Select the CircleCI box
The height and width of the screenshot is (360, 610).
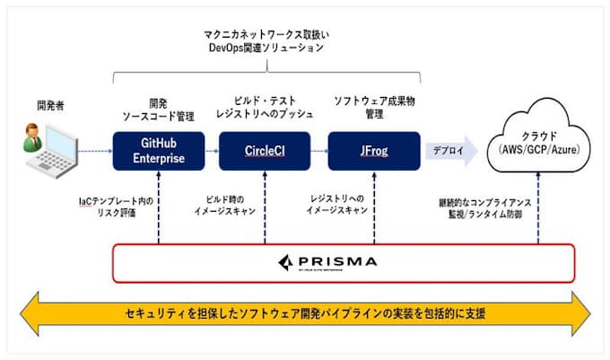pos(265,151)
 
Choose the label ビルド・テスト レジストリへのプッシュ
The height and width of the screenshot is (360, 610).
pos(265,107)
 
